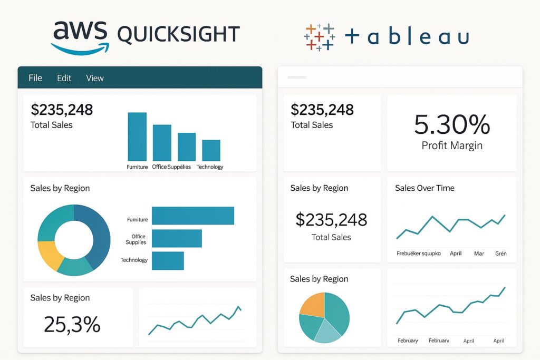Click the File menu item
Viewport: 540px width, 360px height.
pos(35,78)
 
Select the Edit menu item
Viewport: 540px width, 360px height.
pos(64,78)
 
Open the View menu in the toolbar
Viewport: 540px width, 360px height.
pos(95,78)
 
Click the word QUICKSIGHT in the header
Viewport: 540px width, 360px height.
pos(178,35)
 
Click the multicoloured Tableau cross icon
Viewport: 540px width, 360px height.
pos(319,37)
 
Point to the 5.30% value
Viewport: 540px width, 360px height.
pos(452,125)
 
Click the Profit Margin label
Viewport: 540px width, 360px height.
pos(452,145)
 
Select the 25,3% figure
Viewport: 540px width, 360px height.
pos(72,325)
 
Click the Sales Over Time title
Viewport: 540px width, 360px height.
pos(425,188)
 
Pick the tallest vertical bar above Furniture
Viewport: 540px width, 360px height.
pos(137,137)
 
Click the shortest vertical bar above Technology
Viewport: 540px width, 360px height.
pos(211,150)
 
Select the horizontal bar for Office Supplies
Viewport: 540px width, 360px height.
pos(177,238)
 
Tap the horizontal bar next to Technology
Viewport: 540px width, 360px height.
pos(168,260)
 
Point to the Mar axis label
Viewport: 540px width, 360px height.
pos(479,254)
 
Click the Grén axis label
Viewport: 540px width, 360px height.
pos(501,254)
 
